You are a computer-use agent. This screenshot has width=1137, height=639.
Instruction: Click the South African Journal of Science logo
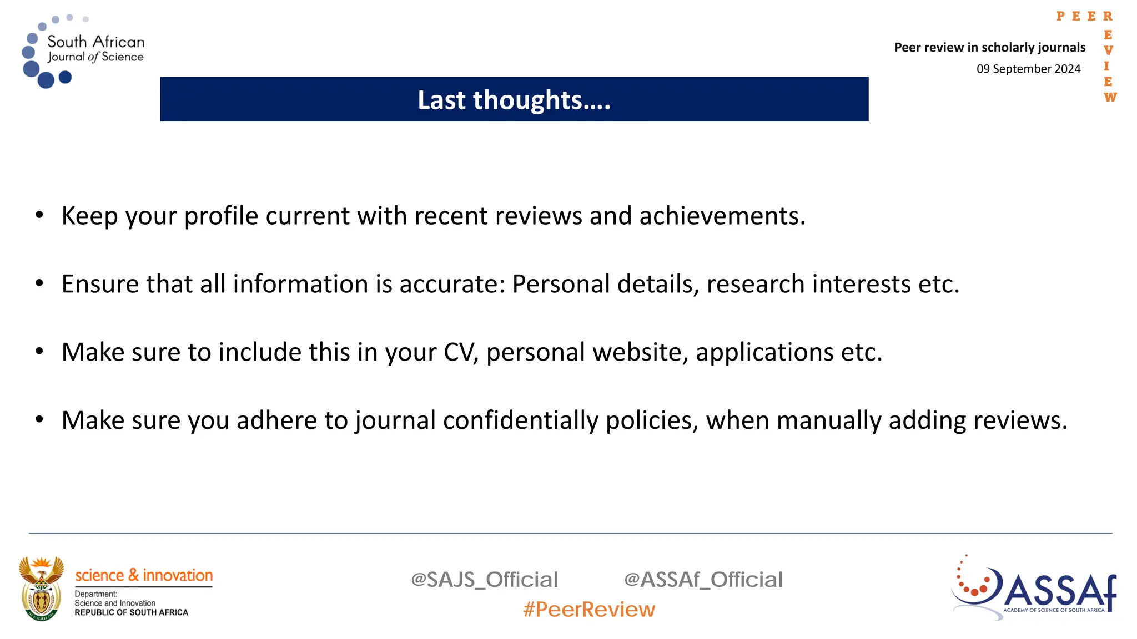[83, 51]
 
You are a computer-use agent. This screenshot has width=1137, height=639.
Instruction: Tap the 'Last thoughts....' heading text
[514, 100]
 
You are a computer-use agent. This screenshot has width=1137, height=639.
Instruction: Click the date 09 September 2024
[1028, 69]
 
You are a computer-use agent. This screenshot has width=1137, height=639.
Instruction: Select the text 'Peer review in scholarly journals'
[989, 48]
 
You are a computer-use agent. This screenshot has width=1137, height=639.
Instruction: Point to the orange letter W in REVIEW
[1110, 98]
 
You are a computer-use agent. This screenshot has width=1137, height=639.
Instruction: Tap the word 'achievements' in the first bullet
[722, 216]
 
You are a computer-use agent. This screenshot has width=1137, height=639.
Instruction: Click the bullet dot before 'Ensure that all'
[39, 283]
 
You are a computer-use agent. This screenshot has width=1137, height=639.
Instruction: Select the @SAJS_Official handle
[484, 580]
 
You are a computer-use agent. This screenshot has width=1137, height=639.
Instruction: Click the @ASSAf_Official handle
[703, 580]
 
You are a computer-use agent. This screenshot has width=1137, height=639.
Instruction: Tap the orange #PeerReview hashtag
[588, 610]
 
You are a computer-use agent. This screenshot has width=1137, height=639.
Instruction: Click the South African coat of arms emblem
[41, 589]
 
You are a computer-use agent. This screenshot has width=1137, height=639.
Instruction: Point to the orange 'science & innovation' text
[144, 575]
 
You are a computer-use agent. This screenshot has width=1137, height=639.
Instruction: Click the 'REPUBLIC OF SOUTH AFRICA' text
[131, 612]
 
